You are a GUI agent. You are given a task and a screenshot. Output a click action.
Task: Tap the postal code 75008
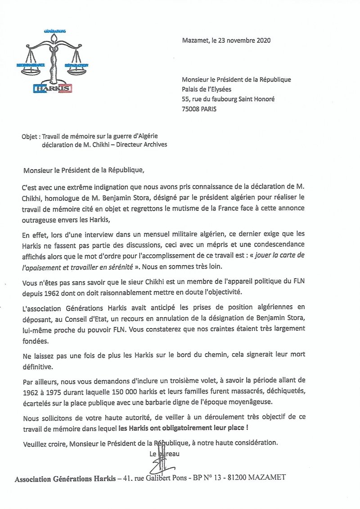192,109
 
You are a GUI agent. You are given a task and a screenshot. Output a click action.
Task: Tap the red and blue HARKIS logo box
53,88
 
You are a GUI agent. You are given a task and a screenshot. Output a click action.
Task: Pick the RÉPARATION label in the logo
76,65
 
